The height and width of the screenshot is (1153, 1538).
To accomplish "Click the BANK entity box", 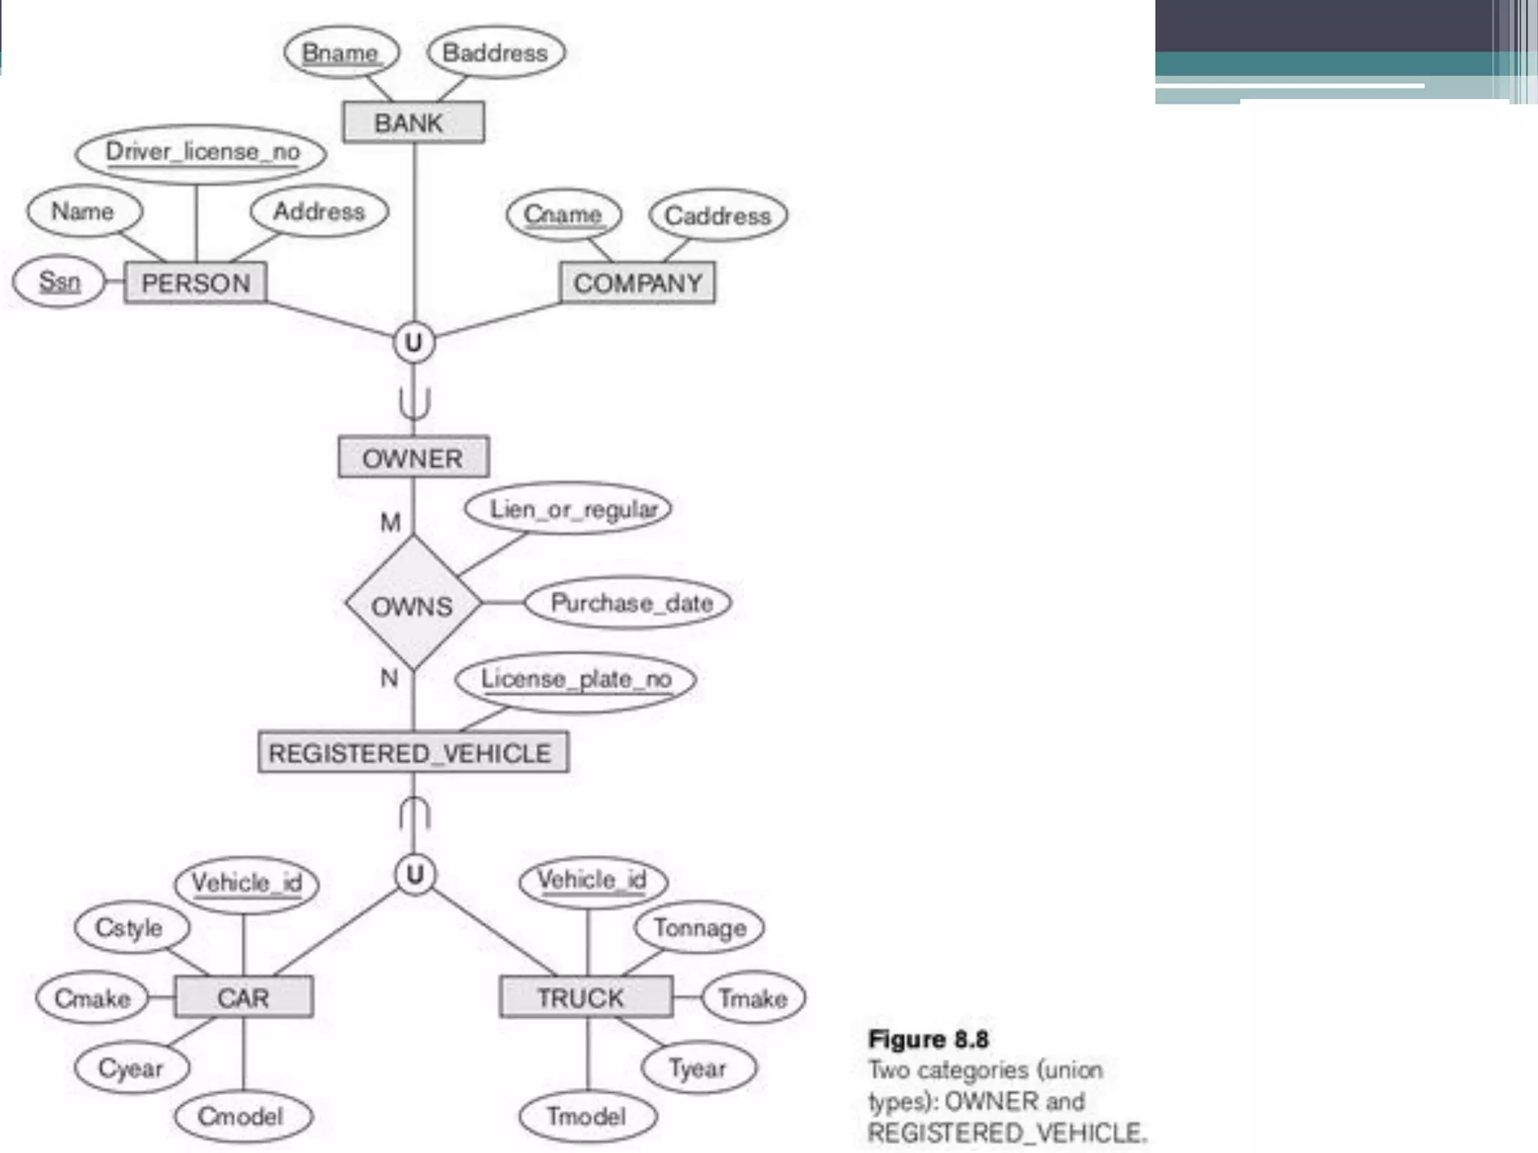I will click(x=413, y=122).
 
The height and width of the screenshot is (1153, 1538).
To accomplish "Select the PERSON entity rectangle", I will click(x=195, y=283).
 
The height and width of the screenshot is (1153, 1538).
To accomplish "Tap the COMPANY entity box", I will click(x=638, y=283).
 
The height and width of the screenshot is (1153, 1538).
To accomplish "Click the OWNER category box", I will click(x=413, y=457).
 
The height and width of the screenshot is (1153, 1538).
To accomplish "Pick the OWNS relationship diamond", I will click(x=412, y=604).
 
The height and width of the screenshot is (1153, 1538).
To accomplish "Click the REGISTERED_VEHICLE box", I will click(x=413, y=752).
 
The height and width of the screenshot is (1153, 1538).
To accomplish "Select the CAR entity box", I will click(x=243, y=998).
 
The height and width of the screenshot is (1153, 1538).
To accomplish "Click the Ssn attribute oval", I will click(x=59, y=281).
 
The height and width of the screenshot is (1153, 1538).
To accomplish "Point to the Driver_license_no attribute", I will click(x=201, y=152).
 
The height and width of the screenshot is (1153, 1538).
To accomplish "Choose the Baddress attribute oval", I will click(x=496, y=53).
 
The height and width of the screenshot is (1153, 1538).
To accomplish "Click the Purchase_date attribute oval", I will click(x=629, y=603).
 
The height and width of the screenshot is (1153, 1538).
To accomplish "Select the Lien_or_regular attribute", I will click(x=568, y=509).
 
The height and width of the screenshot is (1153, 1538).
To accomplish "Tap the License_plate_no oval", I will click(x=575, y=680).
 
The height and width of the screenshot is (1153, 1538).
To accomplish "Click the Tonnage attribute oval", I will click(x=699, y=928).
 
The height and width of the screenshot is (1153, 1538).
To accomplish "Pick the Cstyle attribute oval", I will click(x=130, y=928).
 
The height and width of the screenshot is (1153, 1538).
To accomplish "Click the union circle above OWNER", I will click(x=414, y=343).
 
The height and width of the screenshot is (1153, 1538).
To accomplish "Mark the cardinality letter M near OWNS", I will click(x=391, y=522).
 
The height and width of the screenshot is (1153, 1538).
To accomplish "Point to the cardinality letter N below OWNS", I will click(x=389, y=678).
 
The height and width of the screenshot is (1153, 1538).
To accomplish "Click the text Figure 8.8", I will click(x=928, y=1040).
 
